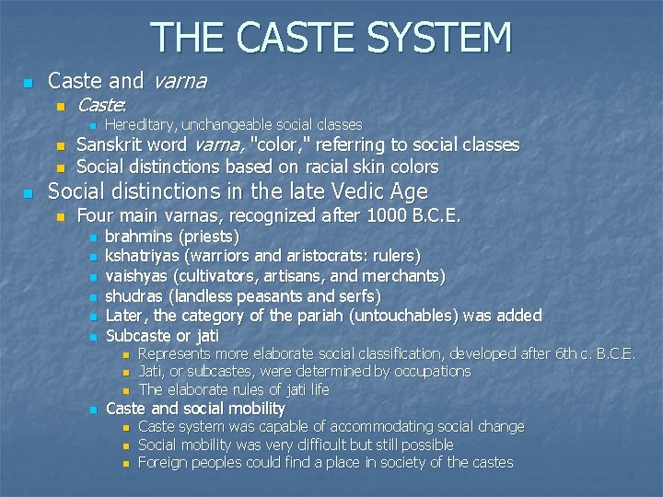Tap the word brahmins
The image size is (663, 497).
click(139, 237)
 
